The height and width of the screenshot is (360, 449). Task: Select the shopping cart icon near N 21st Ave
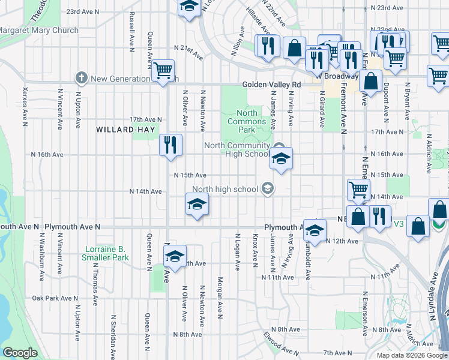click(163, 70)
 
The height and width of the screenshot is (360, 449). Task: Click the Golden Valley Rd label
click(271, 85)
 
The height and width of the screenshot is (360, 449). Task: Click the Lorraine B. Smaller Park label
click(106, 253)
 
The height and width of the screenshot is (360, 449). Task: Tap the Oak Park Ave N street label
click(55, 298)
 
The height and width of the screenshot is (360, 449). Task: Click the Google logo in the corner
click(20, 353)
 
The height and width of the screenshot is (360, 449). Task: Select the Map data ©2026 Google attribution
click(412, 355)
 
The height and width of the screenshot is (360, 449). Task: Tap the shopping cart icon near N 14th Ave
click(358, 190)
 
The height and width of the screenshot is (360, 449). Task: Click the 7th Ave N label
click(337, 353)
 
